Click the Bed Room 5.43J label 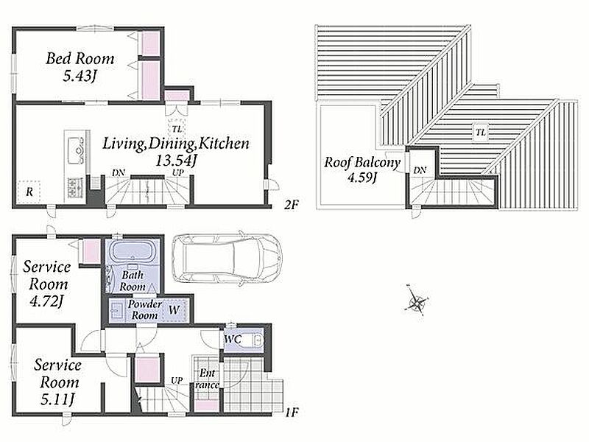(80, 67)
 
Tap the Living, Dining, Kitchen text (176, 144)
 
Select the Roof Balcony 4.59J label (362, 169)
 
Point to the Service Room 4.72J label (47, 284)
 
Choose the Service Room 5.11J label (57, 382)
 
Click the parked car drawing (227, 259)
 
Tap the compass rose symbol (416, 301)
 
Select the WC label (233, 339)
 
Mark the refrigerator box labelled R (29, 192)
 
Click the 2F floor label (291, 205)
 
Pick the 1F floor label (291, 413)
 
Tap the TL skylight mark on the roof (481, 133)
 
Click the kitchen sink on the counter (75, 151)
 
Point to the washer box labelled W (174, 310)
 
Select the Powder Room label (144, 309)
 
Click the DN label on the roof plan (420, 170)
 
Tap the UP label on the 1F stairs (177, 380)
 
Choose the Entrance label (207, 379)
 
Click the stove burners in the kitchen (75, 188)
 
